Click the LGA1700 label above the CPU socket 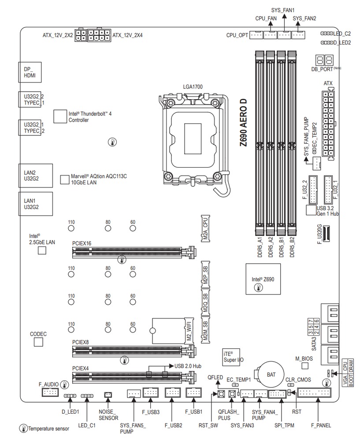[193, 87]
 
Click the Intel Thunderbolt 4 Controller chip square [59, 116]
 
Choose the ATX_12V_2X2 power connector [80, 35]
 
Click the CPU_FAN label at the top [266, 19]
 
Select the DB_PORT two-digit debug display [324, 61]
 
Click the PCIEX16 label [82, 243]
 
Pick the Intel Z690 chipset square [263, 279]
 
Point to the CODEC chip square [39, 342]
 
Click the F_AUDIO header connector [50, 393]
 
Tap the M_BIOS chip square [304, 366]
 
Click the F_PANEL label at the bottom [321, 425]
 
